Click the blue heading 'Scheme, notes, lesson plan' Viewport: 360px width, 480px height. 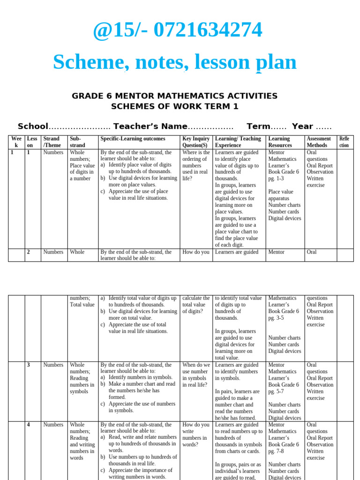tap(174, 62)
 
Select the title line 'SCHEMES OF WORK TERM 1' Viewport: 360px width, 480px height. tap(174, 106)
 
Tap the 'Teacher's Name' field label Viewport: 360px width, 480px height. tap(150, 127)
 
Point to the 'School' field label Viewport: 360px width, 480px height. tap(33, 127)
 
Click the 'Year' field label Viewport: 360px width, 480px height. tap(302, 127)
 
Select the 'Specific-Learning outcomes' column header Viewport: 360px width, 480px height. tap(133, 139)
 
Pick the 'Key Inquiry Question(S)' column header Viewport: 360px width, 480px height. tap(195, 142)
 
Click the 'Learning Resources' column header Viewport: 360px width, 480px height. tap(280, 142)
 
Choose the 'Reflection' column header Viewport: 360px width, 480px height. tap(344, 142)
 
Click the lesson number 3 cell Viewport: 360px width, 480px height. tap(29, 365)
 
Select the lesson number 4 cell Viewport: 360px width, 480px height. tap(29, 425)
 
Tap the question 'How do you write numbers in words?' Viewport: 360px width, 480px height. tap(195, 435)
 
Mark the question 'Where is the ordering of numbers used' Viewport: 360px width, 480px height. tap(196, 162)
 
